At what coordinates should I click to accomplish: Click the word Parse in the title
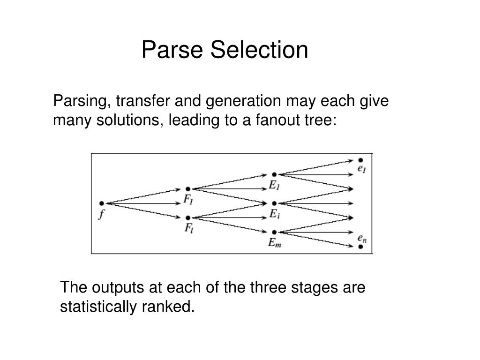(x=172, y=50)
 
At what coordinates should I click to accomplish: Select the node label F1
(x=187, y=200)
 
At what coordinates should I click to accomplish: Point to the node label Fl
(x=187, y=229)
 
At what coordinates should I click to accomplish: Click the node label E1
(x=274, y=186)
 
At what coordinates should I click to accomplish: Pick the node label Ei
(x=274, y=214)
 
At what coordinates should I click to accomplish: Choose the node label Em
(x=275, y=243)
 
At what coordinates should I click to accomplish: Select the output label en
(x=362, y=238)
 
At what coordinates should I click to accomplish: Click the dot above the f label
(x=101, y=203)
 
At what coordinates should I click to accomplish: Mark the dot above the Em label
(x=274, y=232)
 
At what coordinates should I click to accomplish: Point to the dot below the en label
(x=361, y=246)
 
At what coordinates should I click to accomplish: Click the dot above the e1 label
(x=360, y=160)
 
